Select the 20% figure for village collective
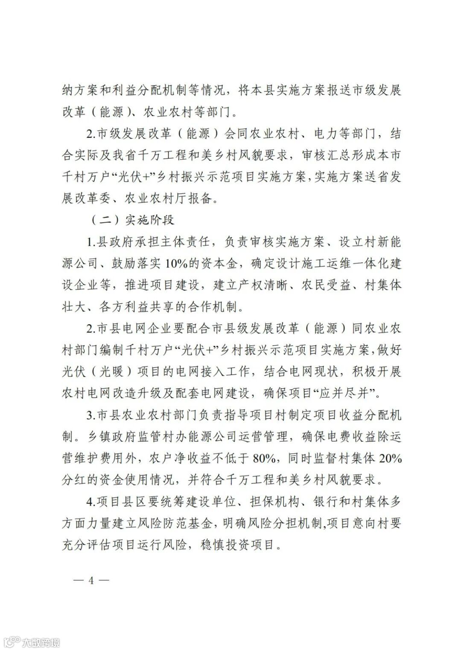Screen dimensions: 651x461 tap(391, 459)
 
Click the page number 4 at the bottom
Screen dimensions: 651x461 tap(90, 581)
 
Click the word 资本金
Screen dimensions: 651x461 tap(222, 264)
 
